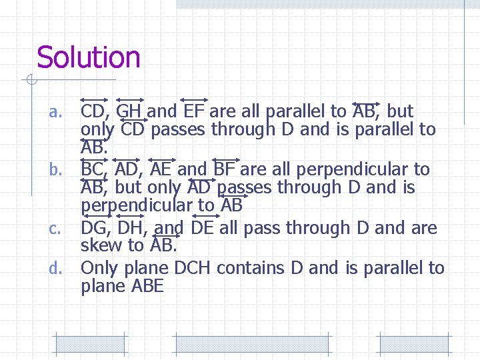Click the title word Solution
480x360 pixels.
pyautogui.click(x=89, y=57)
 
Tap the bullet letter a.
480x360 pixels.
pyautogui.click(x=55, y=112)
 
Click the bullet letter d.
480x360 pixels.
pyautogui.click(x=56, y=269)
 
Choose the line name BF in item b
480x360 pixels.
pyautogui.click(x=226, y=169)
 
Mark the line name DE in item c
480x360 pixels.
pyautogui.click(x=202, y=228)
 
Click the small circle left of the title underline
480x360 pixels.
pyautogui.click(x=29, y=81)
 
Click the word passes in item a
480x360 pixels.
pyautogui.click(x=179, y=129)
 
